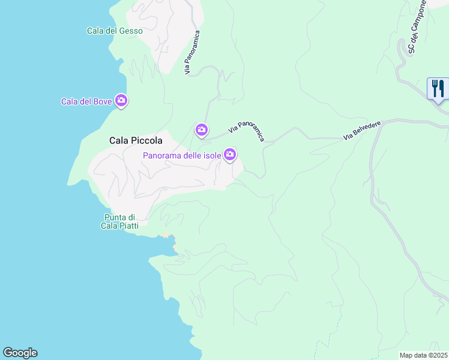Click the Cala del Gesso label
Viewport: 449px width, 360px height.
click(x=115, y=31)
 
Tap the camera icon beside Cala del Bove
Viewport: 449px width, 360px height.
click(x=121, y=101)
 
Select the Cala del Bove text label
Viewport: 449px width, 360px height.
click(x=86, y=101)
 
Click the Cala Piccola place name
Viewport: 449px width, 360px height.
click(x=136, y=140)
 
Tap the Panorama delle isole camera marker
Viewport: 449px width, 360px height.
click(x=230, y=155)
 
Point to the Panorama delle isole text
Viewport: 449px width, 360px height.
click(x=182, y=156)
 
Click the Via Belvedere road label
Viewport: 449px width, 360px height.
click(x=363, y=130)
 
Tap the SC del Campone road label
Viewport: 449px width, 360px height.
click(x=417, y=26)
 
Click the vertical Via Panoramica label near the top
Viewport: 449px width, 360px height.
click(x=192, y=53)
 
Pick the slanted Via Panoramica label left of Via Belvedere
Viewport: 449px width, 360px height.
click(x=247, y=130)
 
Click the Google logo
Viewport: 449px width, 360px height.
click(x=20, y=353)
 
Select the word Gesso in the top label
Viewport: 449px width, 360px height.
click(x=131, y=31)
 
